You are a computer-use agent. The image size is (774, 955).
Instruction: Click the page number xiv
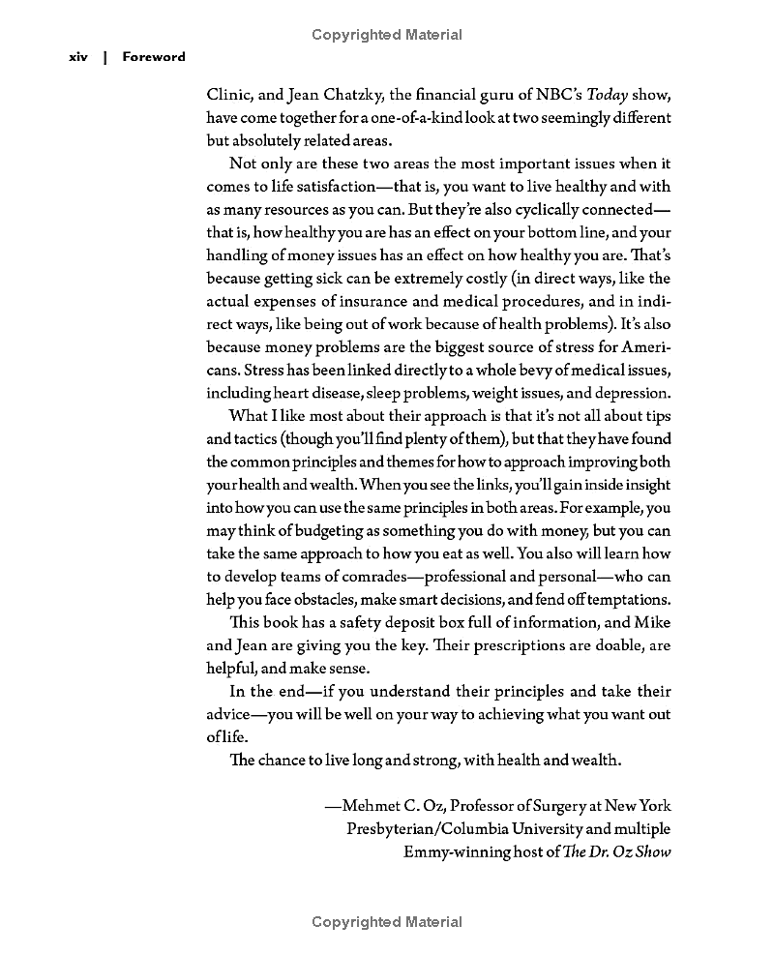(78, 57)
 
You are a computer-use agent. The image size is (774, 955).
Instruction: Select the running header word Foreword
(154, 57)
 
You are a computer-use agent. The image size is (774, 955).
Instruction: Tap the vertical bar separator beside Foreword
(104, 57)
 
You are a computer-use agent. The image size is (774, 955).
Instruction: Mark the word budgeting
(316, 531)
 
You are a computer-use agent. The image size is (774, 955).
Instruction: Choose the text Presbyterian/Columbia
(423, 829)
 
